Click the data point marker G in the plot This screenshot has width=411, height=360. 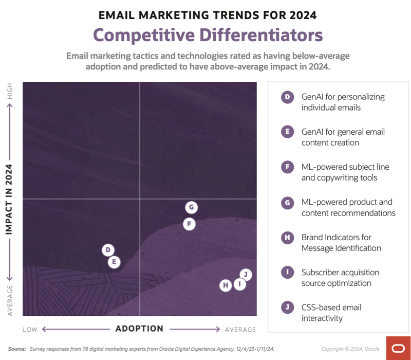point(191,207)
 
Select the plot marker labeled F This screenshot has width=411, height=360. point(190,224)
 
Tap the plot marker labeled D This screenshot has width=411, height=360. point(108,250)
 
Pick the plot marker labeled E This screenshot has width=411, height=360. point(114,262)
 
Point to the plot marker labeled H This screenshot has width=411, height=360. point(226,285)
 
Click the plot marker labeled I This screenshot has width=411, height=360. point(239,284)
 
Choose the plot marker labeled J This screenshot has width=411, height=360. point(246,274)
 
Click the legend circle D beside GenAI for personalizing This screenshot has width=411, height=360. point(287,97)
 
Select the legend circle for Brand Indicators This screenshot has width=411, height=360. point(287,237)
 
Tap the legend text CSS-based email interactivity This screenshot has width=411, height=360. point(331,313)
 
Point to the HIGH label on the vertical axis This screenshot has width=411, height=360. point(10,92)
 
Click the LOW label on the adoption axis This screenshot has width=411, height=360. point(30,329)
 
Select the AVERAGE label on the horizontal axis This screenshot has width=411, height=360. point(240,329)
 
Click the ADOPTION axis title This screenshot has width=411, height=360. point(139,329)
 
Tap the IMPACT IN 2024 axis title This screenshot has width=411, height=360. point(9,199)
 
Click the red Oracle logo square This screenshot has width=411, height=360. point(398,348)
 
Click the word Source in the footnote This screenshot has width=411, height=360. point(16,349)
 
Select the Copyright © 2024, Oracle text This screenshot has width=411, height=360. point(350,349)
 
